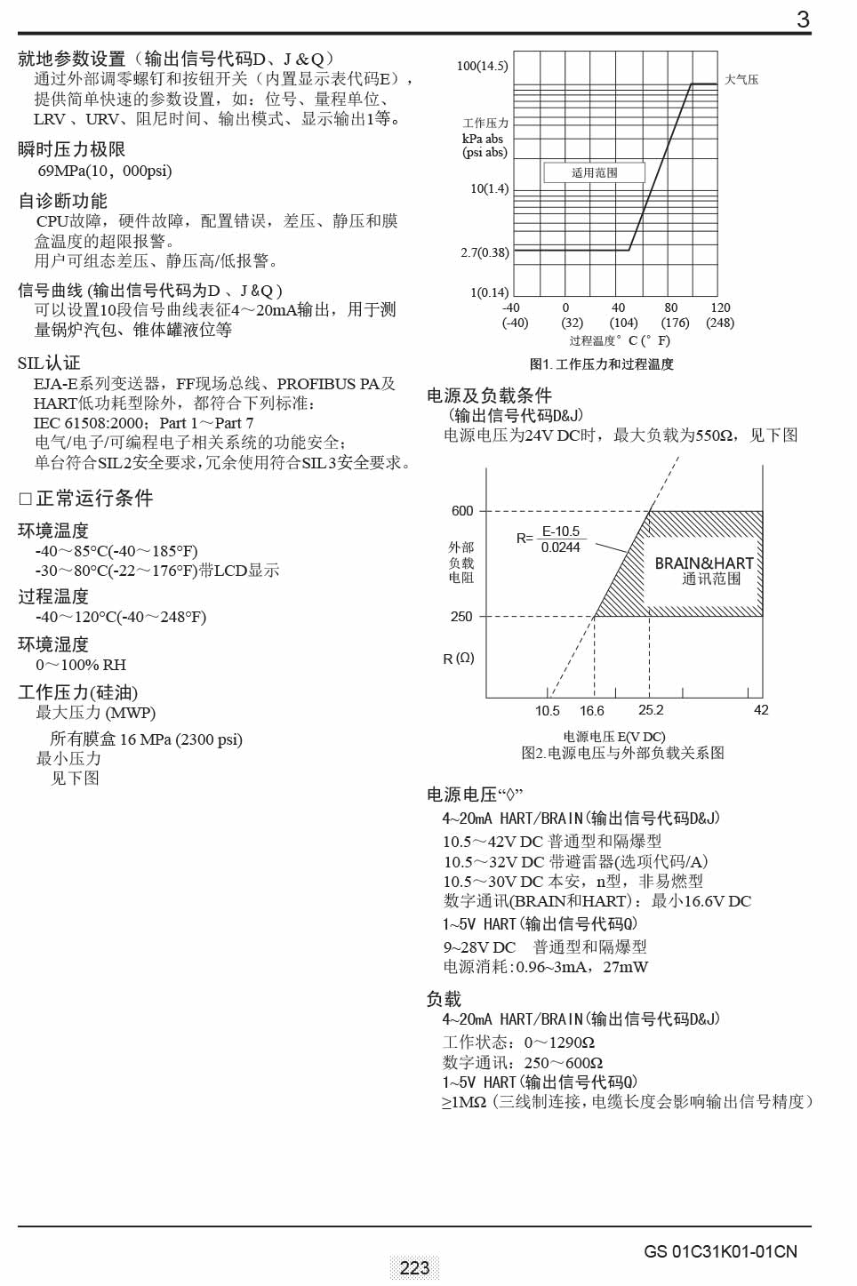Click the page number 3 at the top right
coord(803,20)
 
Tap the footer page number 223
coord(414,1268)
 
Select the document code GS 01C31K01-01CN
coord(720,1251)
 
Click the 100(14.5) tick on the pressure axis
coord(482,66)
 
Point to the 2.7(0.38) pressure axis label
coord(485,252)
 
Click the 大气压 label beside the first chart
coord(741,79)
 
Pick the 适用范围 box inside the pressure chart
coord(594,172)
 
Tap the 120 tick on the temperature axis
coord(720,308)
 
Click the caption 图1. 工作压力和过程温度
coord(601,363)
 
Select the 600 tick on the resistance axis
coord(462,511)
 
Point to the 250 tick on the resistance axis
coord(461,617)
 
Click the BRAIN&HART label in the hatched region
coord(704,563)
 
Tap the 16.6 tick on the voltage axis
coord(591,711)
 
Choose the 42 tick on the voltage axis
coord(761,710)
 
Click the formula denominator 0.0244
coord(560,547)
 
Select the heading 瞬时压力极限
coord(71,149)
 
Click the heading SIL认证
coord(49,363)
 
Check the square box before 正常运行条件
coord(25,499)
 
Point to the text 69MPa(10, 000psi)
coord(104,171)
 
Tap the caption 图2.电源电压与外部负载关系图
coord(622,753)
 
